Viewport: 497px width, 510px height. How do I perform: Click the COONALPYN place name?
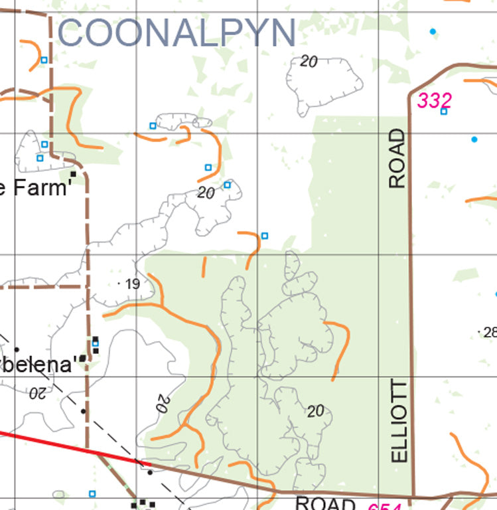177,33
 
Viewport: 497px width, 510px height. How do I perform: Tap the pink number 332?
435,101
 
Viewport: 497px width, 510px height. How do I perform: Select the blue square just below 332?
444,112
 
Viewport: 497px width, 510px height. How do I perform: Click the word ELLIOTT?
399,421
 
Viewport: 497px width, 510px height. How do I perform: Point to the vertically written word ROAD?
397,159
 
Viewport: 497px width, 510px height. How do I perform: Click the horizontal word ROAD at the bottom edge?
325,503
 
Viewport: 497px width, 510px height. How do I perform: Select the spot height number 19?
132,284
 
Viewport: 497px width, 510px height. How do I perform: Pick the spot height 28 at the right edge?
490,332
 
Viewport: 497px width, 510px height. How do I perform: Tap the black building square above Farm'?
74,175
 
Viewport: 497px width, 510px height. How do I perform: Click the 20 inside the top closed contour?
309,62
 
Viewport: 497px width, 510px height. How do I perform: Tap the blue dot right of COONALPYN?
433,31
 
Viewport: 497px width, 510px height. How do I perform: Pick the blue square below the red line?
92,493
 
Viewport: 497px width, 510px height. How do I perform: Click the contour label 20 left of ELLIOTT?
316,411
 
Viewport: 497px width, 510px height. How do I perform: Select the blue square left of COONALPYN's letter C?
44,60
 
